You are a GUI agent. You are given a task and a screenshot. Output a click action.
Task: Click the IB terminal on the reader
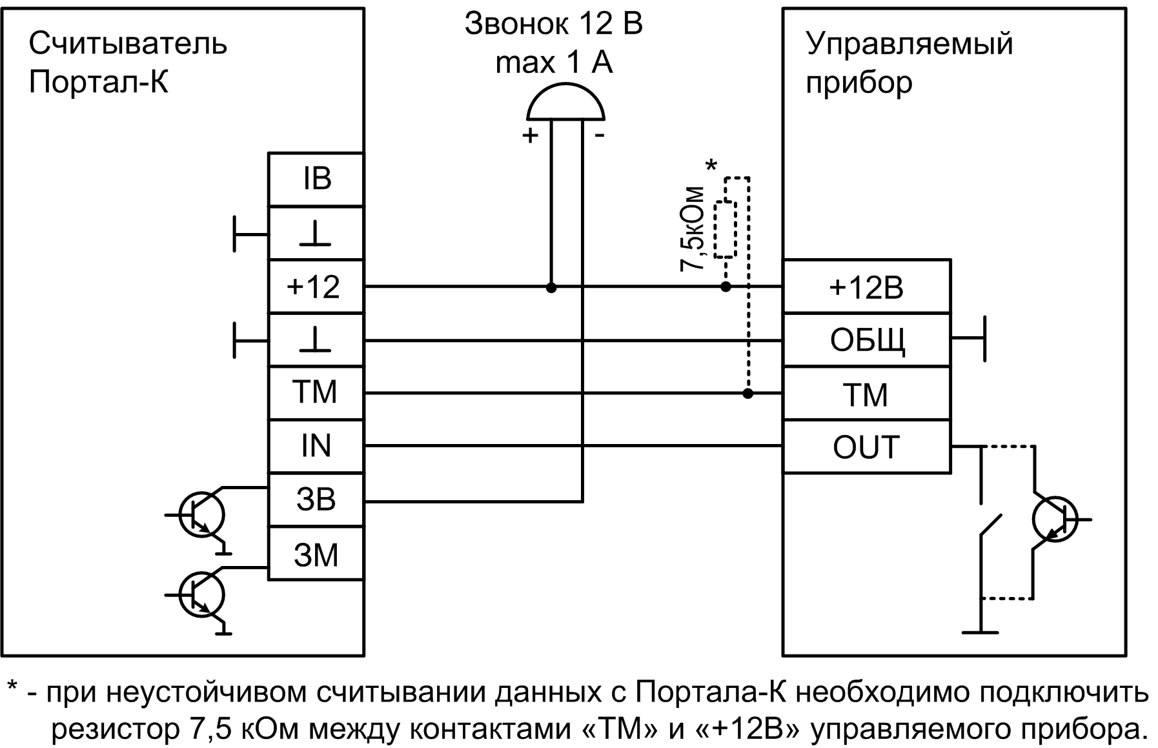pos(316,179)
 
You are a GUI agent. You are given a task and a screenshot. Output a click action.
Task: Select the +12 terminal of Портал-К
pos(316,287)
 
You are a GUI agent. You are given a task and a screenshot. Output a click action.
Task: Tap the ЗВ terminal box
pos(316,500)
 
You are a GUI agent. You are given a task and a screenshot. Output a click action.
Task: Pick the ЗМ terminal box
pos(316,554)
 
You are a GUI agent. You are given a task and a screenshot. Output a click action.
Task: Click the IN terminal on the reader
pos(316,446)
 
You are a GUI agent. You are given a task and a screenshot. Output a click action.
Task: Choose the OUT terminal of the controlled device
pos(866,447)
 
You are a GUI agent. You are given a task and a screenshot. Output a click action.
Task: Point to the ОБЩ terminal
pos(866,340)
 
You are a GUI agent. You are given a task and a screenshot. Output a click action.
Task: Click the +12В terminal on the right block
pos(866,287)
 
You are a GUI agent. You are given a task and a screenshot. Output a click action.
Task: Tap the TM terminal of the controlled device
pos(866,394)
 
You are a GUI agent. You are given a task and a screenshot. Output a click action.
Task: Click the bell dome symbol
pos(565,103)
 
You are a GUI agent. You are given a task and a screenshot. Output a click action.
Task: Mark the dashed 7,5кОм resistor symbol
pos(726,229)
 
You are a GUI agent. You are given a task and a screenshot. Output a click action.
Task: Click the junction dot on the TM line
pos(747,393)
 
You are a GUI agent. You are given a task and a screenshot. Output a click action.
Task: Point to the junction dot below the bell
pos(551,287)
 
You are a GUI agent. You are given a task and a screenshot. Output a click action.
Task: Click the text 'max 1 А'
pos(554,63)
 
